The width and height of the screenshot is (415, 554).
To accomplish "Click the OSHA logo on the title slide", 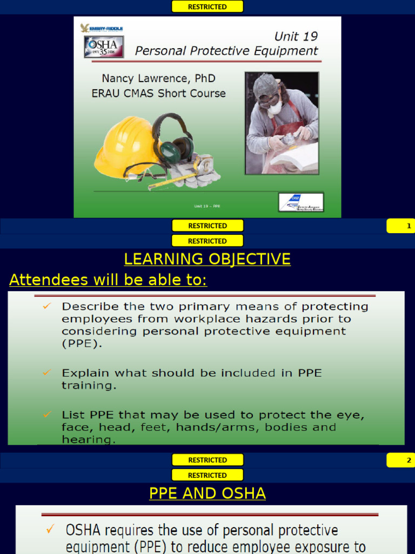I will (x=104, y=47).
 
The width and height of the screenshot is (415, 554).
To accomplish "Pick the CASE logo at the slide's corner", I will (x=300, y=202).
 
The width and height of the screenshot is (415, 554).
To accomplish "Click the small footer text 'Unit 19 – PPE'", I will (x=207, y=206).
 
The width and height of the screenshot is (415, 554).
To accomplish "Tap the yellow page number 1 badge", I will (x=400, y=226).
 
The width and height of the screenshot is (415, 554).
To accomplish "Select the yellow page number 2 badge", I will (x=400, y=460).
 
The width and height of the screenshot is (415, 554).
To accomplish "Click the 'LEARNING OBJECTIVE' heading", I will (x=207, y=259).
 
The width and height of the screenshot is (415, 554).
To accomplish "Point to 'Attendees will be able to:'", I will (x=108, y=280).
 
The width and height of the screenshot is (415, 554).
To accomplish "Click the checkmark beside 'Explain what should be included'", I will (x=47, y=373).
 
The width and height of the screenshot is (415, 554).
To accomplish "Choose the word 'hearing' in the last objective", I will (x=89, y=439).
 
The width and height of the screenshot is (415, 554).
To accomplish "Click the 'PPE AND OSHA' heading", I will (x=207, y=493).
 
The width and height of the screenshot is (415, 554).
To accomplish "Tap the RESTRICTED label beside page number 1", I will (x=207, y=226).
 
